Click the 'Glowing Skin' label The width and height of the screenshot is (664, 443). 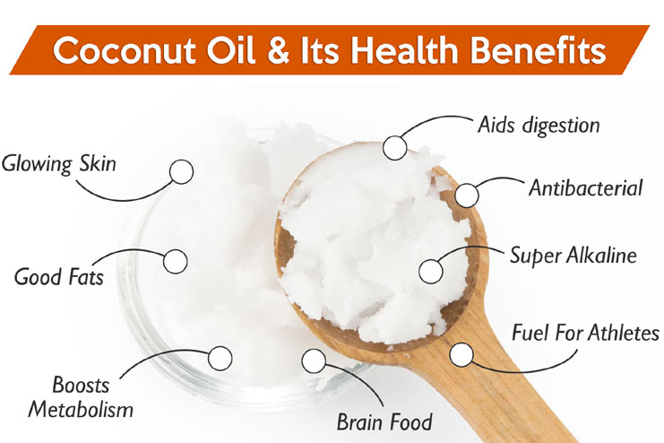point(59,164)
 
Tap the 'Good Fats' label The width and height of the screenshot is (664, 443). point(59,277)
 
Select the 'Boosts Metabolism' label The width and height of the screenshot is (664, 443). point(81,397)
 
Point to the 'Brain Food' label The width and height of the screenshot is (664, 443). point(384,421)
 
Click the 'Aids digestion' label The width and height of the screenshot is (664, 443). point(539,125)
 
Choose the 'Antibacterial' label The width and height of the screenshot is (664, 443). point(586,187)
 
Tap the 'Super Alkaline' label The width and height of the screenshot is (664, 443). point(573,256)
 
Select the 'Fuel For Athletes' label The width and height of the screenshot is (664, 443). point(586,333)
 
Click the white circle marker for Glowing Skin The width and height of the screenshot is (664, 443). point(182,171)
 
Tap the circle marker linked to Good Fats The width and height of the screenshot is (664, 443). point(176,261)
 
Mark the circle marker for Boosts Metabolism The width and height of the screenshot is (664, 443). point(220,358)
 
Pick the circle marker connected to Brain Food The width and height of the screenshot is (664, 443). point(314,360)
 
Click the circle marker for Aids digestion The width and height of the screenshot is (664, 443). point(395,148)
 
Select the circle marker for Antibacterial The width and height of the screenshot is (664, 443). point(467,195)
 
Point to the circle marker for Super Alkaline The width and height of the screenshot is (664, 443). point(431,272)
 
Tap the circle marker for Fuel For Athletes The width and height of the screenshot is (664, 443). point(461,354)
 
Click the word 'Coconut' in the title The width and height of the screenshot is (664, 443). point(125,50)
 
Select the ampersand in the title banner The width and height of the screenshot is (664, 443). point(278,50)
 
